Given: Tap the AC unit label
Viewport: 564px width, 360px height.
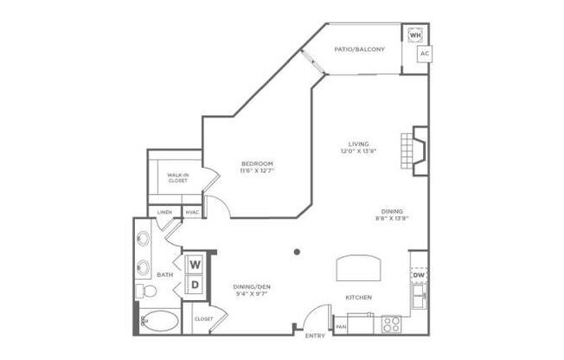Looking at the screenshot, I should pyautogui.click(x=424, y=55).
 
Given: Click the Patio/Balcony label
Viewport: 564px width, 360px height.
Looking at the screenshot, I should pyautogui.click(x=360, y=48).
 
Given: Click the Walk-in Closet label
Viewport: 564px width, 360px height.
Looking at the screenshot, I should pyautogui.click(x=179, y=178).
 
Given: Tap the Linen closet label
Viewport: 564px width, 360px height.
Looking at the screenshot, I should pyautogui.click(x=162, y=212).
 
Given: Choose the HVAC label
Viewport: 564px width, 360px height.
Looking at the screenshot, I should pyautogui.click(x=192, y=212).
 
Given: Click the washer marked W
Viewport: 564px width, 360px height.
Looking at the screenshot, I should pyautogui.click(x=195, y=263).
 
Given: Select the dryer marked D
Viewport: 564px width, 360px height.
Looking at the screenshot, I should pyautogui.click(x=195, y=283).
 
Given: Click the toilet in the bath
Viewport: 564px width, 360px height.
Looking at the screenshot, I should pyautogui.click(x=148, y=290).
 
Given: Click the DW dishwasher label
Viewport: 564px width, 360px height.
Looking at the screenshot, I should pyautogui.click(x=419, y=274).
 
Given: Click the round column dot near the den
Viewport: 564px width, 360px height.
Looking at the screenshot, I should pyautogui.click(x=297, y=252).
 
